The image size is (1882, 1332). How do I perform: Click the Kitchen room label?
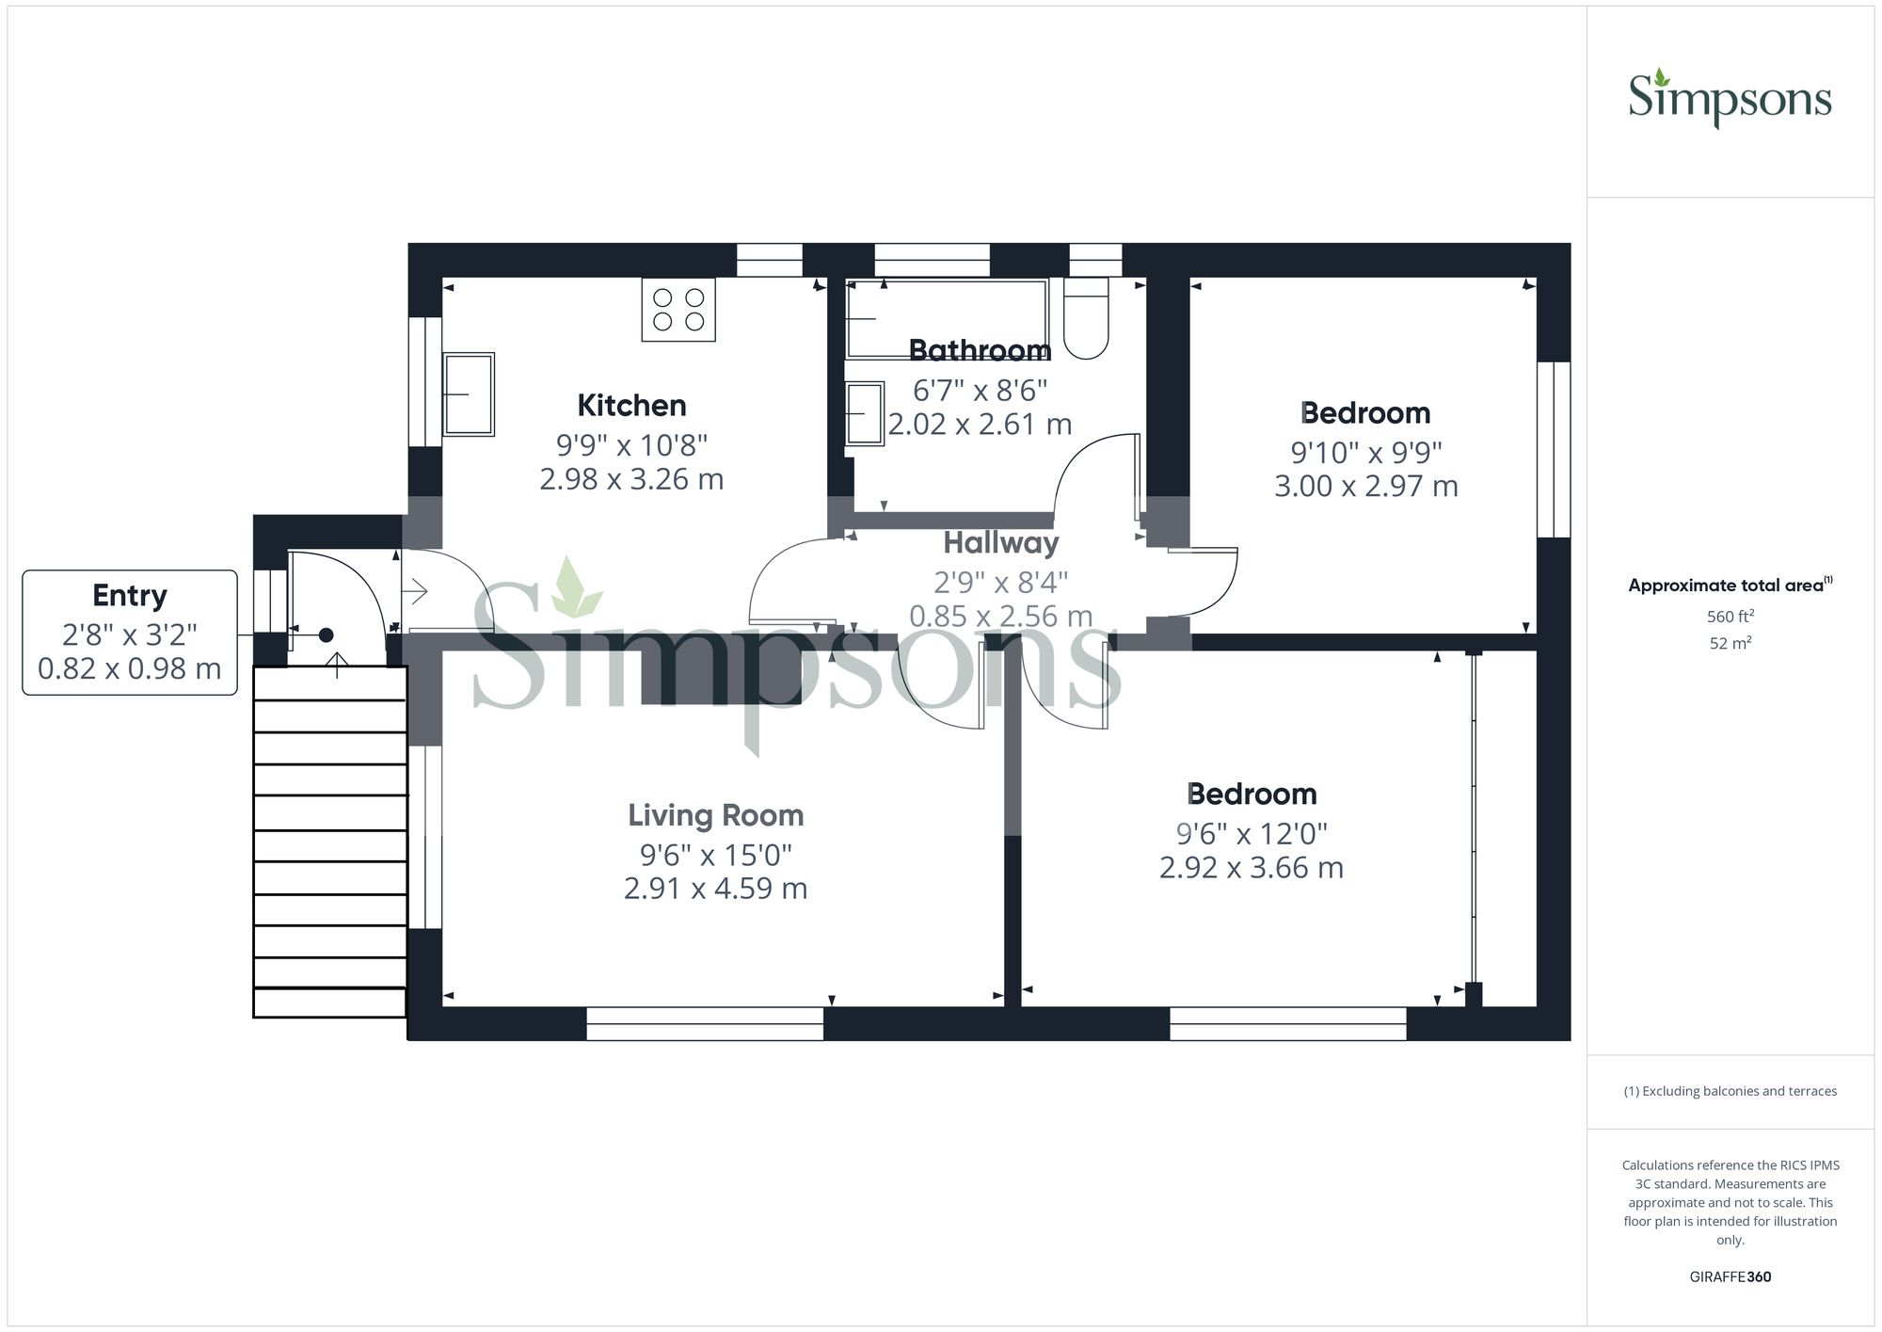(631, 406)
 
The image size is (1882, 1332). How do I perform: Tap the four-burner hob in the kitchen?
(678, 309)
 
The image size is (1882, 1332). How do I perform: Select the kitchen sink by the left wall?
(469, 394)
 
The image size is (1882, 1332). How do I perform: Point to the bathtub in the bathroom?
(946, 318)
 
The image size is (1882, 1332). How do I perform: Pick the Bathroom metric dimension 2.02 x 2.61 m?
(980, 425)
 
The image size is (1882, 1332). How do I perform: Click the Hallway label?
(1000, 543)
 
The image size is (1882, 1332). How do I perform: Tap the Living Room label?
(715, 815)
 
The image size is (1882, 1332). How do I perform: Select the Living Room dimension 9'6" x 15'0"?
(715, 855)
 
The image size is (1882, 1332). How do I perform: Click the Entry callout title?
(130, 595)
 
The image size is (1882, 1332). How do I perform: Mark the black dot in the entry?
(326, 635)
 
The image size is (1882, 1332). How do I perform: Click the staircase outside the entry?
(329, 843)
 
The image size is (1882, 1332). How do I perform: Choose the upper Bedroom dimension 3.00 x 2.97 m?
(1365, 487)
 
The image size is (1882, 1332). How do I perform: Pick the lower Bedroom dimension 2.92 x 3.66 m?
(1251, 868)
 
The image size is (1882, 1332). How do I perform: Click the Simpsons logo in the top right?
(1730, 99)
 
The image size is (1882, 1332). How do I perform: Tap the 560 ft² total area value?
(1730, 617)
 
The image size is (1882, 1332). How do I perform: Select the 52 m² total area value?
(1730, 644)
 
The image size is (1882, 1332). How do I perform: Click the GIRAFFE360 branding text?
(1730, 1276)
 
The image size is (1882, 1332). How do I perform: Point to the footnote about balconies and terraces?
(1730, 1091)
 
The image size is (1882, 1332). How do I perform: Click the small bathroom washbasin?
(865, 413)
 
